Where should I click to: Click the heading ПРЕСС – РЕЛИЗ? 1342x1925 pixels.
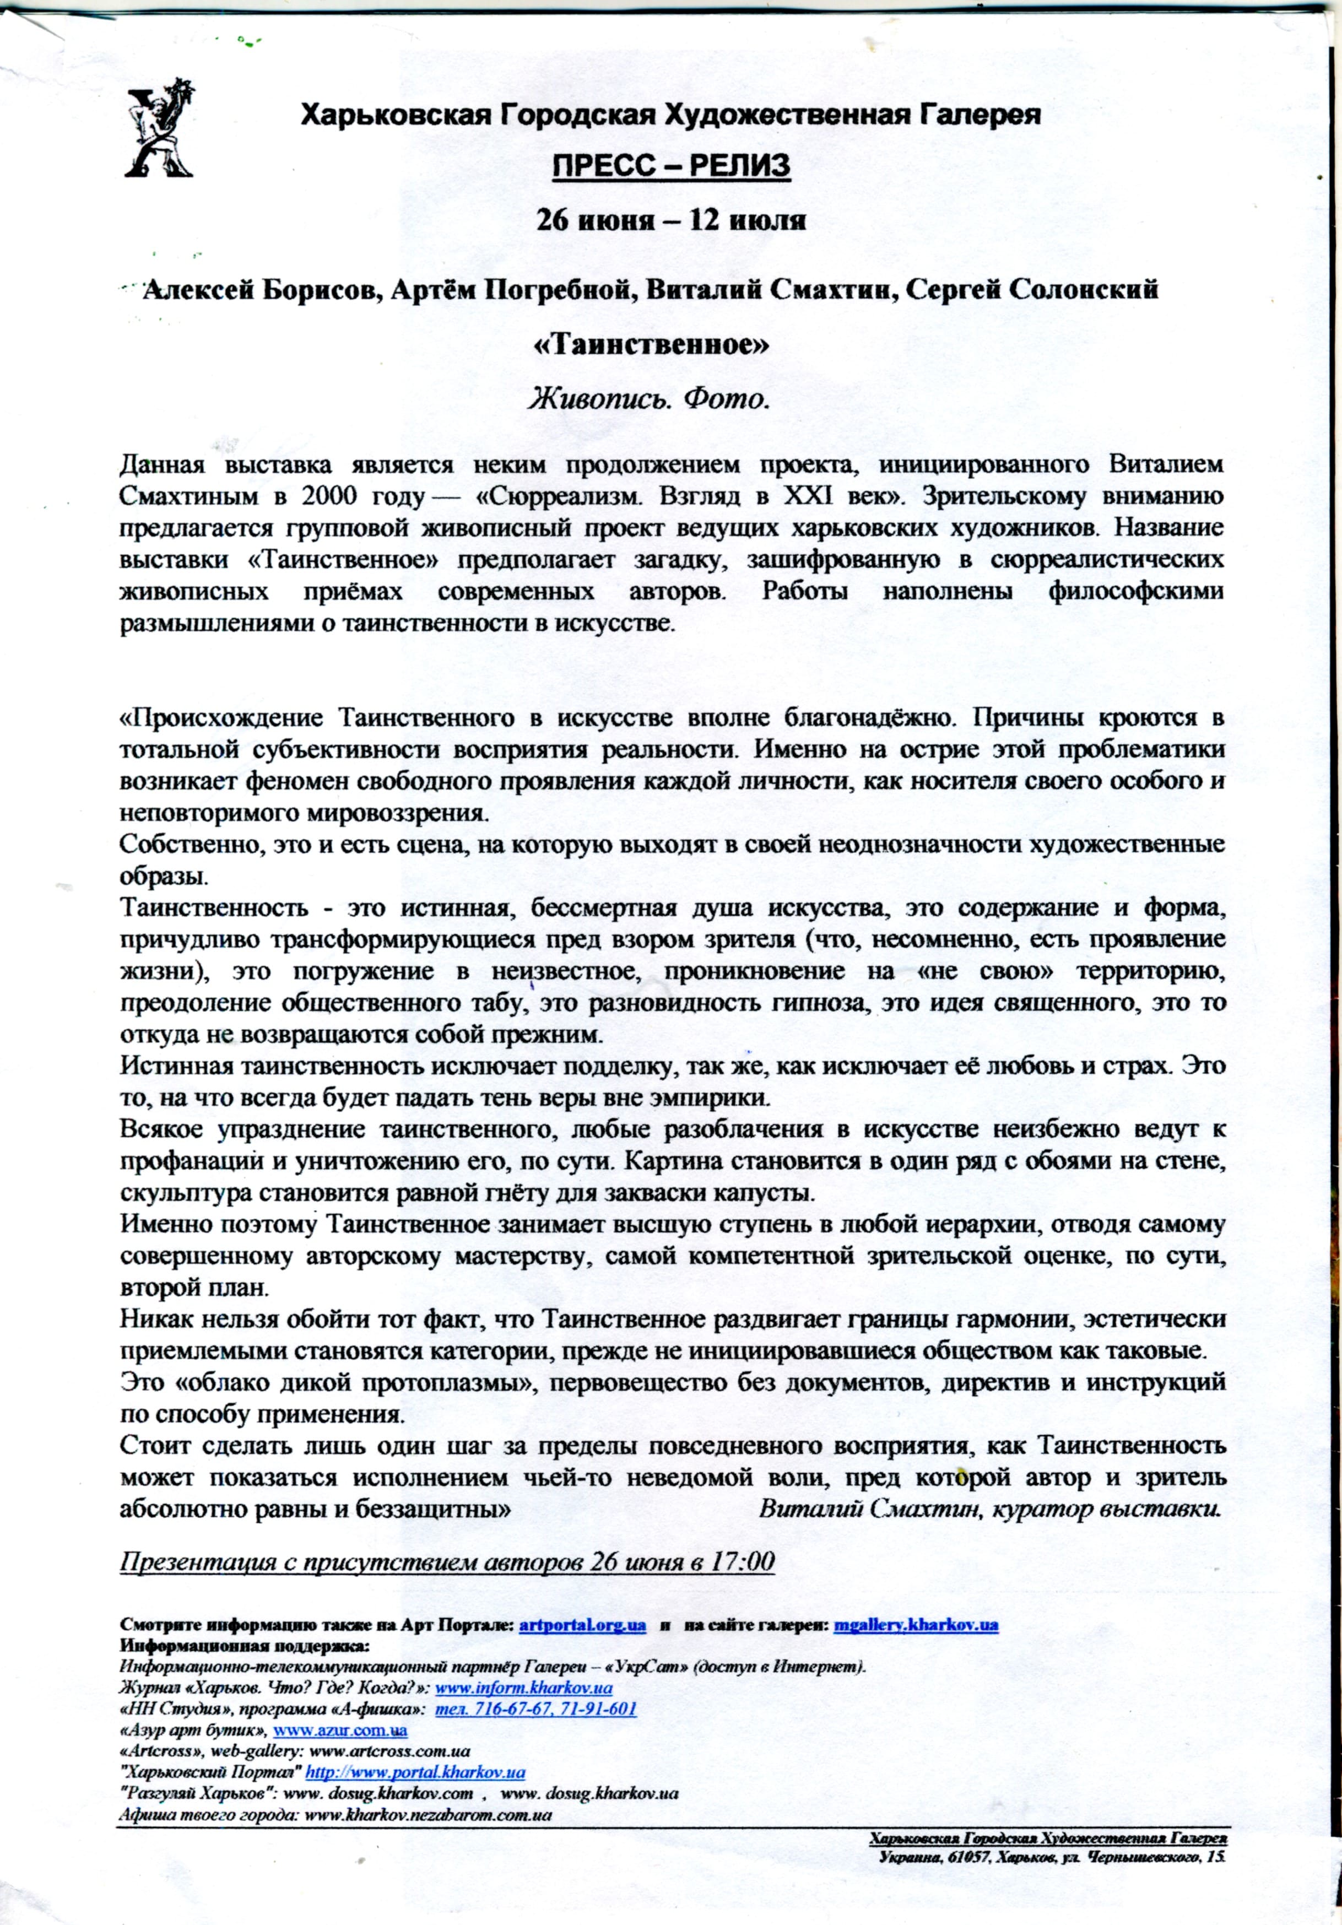(670, 167)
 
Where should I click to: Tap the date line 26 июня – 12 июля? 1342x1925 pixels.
(670, 221)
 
